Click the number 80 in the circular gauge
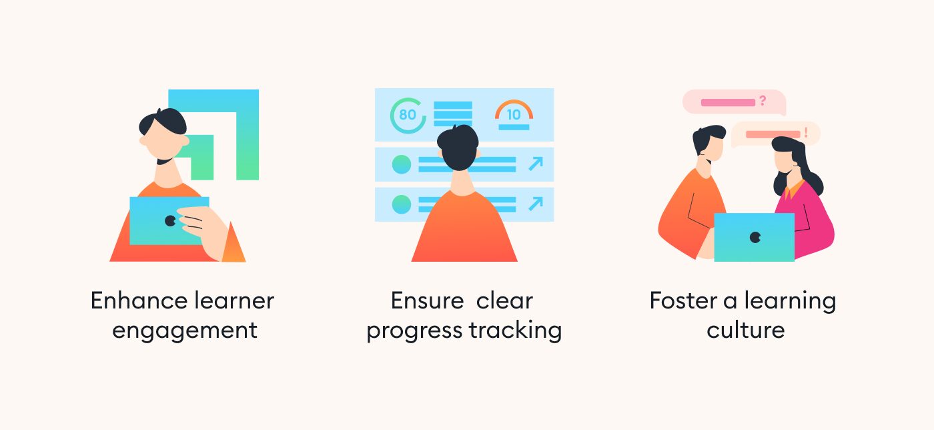pos(408,114)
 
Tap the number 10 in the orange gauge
pos(514,114)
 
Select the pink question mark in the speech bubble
pos(763,101)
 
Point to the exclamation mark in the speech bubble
pos(806,132)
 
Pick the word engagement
pos(185,331)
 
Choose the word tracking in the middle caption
pos(515,331)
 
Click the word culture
pos(746,331)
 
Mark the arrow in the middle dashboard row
pos(536,164)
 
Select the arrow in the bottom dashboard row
pos(536,204)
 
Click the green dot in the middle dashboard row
pos(402,164)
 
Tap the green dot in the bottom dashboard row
pos(402,204)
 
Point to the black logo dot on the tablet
pos(170,221)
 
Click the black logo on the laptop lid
pos(755,238)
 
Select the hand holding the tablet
pos(204,231)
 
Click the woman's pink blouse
pos(805,221)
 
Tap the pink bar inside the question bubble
pos(728,103)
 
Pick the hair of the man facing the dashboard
pos(458,146)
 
